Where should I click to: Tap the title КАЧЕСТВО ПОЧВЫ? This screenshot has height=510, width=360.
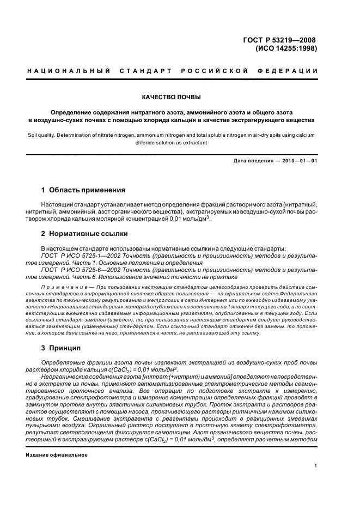[x=172, y=98]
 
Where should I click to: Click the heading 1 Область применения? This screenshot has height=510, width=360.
[x=83, y=190]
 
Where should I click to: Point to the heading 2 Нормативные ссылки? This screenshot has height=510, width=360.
[x=84, y=234]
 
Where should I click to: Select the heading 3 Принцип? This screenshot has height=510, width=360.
[x=61, y=348]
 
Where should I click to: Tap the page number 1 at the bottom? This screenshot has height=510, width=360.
[x=316, y=465]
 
